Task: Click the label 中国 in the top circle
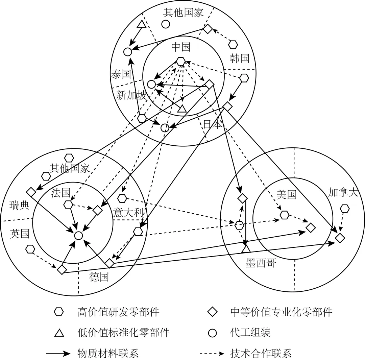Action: (x=181, y=47)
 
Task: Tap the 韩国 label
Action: (x=239, y=58)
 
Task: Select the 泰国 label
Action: (x=121, y=74)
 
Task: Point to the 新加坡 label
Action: (x=131, y=95)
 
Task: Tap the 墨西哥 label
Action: (x=261, y=263)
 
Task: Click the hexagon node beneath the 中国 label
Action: (x=181, y=61)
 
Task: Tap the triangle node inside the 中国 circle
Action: (x=182, y=109)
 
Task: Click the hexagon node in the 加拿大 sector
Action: (x=345, y=209)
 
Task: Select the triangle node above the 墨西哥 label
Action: (x=246, y=249)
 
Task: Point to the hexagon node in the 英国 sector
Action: (x=30, y=249)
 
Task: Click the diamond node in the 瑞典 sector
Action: (x=31, y=192)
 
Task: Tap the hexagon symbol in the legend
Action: (x=59, y=312)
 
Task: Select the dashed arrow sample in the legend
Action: (x=212, y=354)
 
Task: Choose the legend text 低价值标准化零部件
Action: (x=123, y=333)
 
